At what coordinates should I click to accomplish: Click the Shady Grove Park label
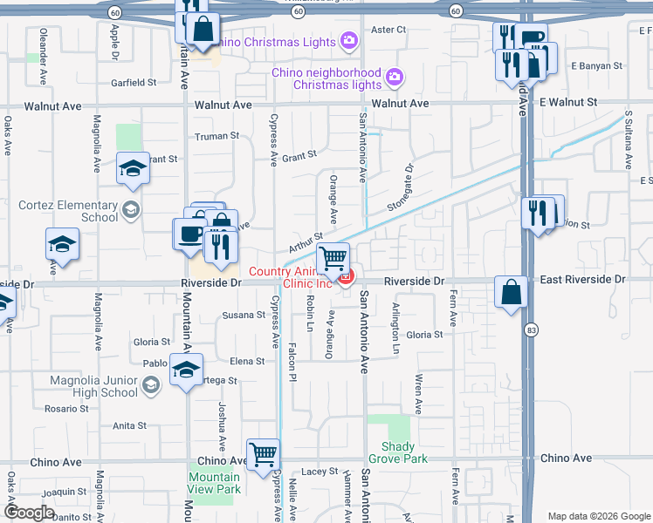[x=398, y=452]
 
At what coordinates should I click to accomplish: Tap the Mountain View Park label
[x=214, y=483]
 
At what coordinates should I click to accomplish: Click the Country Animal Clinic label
[x=292, y=277]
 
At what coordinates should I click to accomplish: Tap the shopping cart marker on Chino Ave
[x=263, y=454]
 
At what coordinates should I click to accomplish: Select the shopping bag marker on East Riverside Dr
[x=511, y=292]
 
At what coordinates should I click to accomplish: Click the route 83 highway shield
[x=531, y=330]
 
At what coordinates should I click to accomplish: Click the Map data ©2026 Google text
[x=599, y=516]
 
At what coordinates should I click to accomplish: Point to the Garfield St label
[x=134, y=83]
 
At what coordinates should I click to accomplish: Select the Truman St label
[x=217, y=136]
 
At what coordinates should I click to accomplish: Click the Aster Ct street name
[x=389, y=30]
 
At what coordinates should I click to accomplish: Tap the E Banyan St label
[x=596, y=65]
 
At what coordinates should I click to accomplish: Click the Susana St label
[x=243, y=315]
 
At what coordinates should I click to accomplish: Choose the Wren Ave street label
[x=419, y=394]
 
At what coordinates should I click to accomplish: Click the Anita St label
[x=129, y=425]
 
